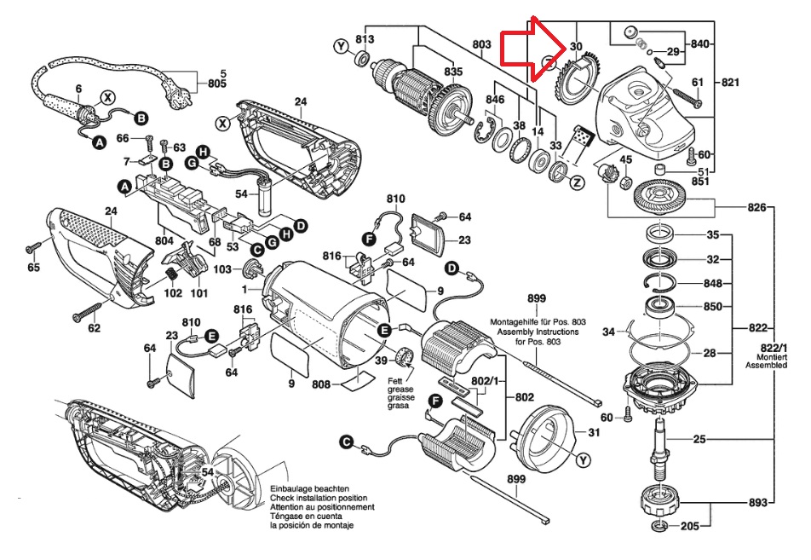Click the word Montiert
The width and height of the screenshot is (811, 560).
click(x=774, y=354)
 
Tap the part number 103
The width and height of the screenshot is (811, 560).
click(x=223, y=269)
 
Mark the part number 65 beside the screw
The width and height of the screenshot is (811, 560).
click(x=34, y=268)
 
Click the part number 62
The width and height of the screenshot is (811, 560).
click(x=94, y=327)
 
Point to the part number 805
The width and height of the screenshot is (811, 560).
click(x=218, y=84)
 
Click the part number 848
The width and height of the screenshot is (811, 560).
click(x=713, y=284)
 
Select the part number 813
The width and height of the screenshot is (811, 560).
click(x=365, y=39)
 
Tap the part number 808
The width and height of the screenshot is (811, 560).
click(x=321, y=384)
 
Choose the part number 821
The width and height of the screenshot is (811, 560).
click(x=731, y=82)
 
